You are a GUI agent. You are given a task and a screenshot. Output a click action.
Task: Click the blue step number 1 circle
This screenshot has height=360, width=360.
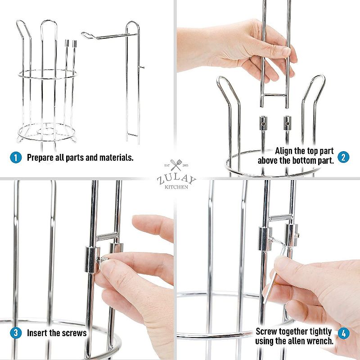(x=15, y=157)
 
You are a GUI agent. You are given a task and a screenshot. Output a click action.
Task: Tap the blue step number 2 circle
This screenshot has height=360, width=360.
(x=343, y=157)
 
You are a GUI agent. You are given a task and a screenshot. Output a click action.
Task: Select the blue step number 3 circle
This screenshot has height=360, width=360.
(x=15, y=333)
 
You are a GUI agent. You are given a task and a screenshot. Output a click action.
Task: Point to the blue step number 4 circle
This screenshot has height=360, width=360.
(x=343, y=334)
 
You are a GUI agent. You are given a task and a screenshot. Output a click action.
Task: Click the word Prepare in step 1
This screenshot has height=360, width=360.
(x=41, y=158)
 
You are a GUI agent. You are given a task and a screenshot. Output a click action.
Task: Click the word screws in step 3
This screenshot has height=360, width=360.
(x=74, y=334)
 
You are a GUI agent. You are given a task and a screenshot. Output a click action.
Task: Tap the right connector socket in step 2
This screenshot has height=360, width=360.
(x=287, y=122)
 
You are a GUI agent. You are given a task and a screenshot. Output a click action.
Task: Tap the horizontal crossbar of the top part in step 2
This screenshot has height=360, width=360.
(x=274, y=95)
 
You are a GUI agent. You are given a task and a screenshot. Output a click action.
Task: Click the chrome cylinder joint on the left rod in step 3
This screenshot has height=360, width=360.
(x=92, y=260)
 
